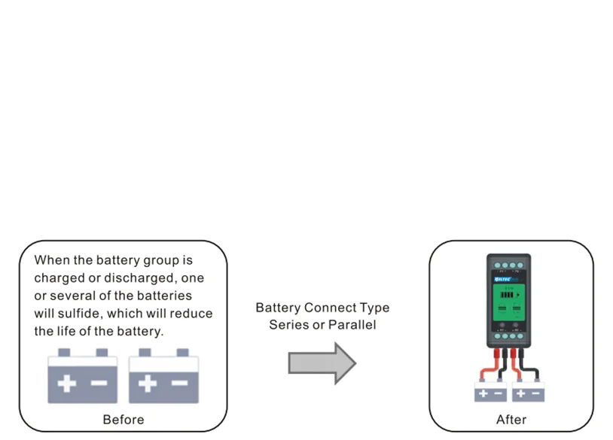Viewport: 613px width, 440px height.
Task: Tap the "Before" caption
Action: pyautogui.click(x=123, y=420)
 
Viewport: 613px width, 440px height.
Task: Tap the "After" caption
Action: pyautogui.click(x=511, y=420)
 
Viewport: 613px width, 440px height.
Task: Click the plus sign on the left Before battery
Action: pyautogui.click(x=67, y=384)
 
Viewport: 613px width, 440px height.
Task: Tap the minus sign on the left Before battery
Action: pyautogui.click(x=99, y=384)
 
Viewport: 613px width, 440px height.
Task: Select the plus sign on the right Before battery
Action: pyautogui.click(x=148, y=384)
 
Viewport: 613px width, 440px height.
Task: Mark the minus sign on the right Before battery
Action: pyautogui.click(x=179, y=384)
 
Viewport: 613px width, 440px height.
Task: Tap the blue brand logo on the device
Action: pyautogui.click(x=503, y=276)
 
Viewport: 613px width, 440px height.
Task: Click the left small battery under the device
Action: pyautogui.click(x=490, y=392)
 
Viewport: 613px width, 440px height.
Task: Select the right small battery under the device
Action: pyautogui.click(x=528, y=392)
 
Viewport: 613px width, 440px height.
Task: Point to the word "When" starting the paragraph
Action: pyautogui.click(x=51, y=261)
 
